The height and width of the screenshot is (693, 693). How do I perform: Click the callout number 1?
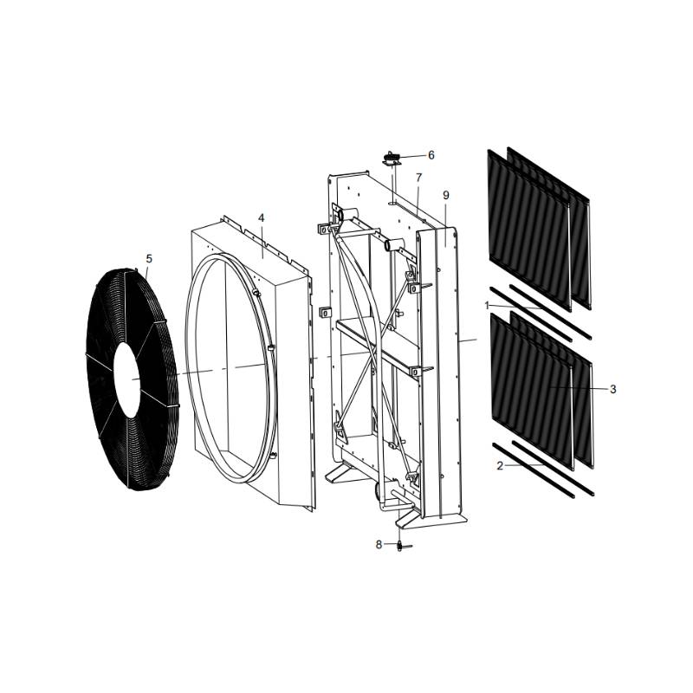(x=488, y=306)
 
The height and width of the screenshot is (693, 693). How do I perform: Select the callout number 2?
(x=500, y=466)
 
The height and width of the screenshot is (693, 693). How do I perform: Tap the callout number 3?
(x=612, y=390)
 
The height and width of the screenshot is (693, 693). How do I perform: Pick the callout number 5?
(x=149, y=258)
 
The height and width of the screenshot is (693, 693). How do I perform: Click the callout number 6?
(x=431, y=156)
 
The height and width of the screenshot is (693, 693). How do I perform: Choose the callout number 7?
(x=418, y=178)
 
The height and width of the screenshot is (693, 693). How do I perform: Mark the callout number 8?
(x=379, y=545)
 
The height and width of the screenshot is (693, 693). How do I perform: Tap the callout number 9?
(x=446, y=196)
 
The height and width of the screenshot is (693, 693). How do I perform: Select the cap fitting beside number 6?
(x=392, y=158)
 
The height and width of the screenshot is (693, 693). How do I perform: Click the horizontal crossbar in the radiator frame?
(x=372, y=334)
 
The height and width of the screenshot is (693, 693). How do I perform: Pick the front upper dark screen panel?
(x=529, y=230)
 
